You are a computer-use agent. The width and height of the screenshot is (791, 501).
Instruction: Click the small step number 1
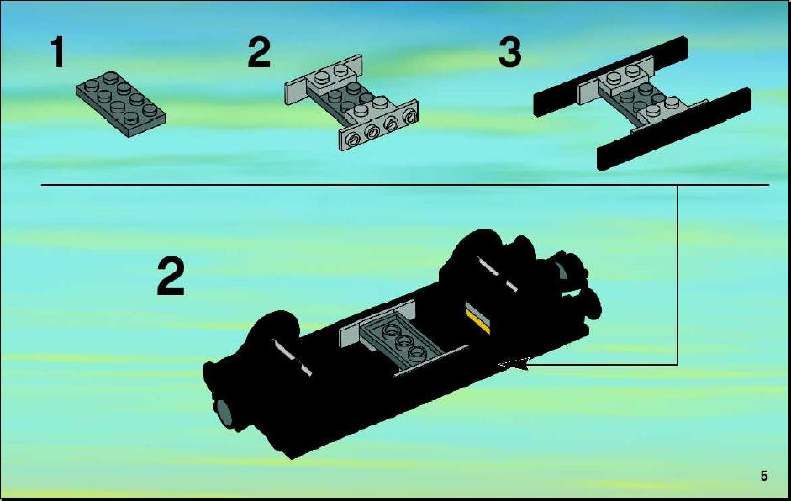(x=57, y=51)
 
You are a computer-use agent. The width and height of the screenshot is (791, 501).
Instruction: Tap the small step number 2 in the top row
(x=259, y=51)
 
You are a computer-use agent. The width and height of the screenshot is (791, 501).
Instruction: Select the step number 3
(x=509, y=52)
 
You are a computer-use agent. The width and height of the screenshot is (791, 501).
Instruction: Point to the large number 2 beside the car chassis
(x=171, y=276)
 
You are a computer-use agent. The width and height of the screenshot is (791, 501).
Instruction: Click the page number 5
(x=764, y=476)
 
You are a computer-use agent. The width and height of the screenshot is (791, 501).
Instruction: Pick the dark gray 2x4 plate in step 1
(x=121, y=103)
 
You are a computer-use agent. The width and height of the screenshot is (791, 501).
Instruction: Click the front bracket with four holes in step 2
(x=378, y=127)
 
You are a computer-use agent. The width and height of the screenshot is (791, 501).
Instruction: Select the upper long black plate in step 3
(x=611, y=76)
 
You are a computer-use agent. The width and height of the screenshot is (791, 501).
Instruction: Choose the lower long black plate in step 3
(x=674, y=129)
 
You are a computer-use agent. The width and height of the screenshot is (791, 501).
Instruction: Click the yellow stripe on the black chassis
(x=477, y=322)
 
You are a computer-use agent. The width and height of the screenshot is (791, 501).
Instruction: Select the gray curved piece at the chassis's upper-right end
(x=562, y=272)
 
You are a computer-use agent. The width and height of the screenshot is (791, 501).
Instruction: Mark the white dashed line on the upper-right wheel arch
(x=498, y=273)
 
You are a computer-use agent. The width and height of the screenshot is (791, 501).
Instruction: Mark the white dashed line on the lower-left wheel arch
(x=292, y=357)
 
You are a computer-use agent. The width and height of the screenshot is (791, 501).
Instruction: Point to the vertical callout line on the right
(x=677, y=275)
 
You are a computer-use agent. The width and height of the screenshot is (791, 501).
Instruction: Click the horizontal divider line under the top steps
(x=405, y=185)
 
